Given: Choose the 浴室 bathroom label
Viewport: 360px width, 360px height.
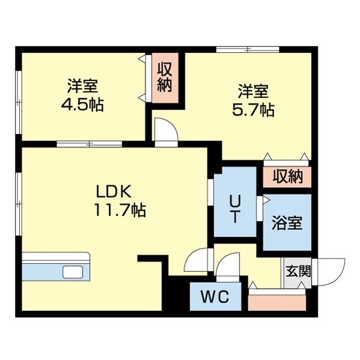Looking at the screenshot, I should [287, 223].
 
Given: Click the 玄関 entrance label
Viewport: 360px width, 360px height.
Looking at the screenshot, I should [298, 271].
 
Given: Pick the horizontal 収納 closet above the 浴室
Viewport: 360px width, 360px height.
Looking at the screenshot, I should [287, 176].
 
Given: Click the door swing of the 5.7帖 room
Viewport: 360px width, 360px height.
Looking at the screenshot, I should [166, 131].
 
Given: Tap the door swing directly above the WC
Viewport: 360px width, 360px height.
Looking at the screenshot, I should [228, 266].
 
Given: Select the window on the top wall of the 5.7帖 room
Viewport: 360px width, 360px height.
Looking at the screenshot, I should [247, 49].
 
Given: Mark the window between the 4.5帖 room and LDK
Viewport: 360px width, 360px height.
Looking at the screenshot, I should [89, 144].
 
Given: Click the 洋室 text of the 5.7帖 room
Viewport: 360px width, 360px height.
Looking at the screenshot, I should [253, 92].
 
